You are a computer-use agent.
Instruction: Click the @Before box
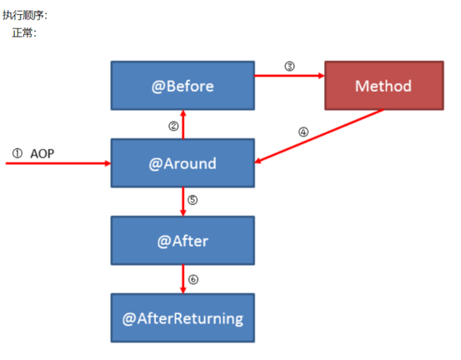pyautogui.click(x=183, y=86)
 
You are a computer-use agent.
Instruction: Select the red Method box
pyautogui.click(x=384, y=86)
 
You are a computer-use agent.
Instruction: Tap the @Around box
pyautogui.click(x=183, y=163)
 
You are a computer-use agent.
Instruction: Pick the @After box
pyautogui.click(x=183, y=241)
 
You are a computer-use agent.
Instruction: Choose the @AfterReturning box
pyautogui.click(x=183, y=318)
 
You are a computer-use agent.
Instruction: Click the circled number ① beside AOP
pyautogui.click(x=17, y=153)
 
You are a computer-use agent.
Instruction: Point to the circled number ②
pyautogui.click(x=173, y=126)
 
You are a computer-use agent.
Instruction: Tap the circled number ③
pyautogui.click(x=289, y=66)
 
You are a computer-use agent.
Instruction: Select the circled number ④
pyautogui.click(x=303, y=132)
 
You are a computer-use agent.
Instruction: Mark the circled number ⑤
pyautogui.click(x=193, y=200)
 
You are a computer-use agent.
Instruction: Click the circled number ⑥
pyautogui.click(x=193, y=279)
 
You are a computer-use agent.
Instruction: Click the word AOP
pyautogui.click(x=43, y=153)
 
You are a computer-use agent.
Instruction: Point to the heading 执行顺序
pyautogui.click(x=23, y=15)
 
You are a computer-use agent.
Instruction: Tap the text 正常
pyautogui.click(x=23, y=32)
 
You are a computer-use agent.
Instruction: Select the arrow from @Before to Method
pyautogui.click(x=289, y=76)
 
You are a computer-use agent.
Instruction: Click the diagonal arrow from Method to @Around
pyautogui.click(x=319, y=136)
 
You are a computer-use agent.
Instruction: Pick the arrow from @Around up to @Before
pyautogui.click(x=183, y=124)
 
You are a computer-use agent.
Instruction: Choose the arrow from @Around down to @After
pyautogui.click(x=183, y=202)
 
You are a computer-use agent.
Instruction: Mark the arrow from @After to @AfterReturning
pyautogui.click(x=183, y=279)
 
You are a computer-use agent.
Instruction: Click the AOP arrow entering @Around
pyautogui.click(x=58, y=163)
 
